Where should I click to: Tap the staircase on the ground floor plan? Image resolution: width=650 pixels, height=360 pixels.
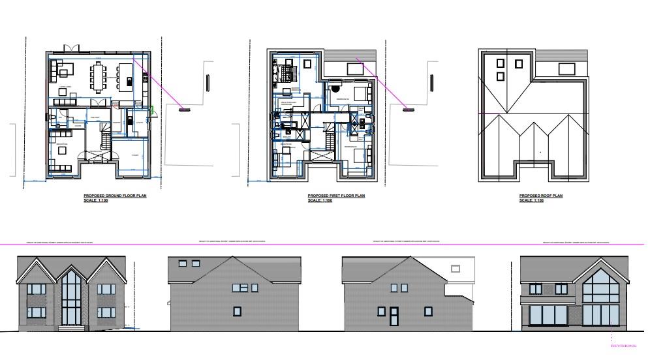click(104, 138)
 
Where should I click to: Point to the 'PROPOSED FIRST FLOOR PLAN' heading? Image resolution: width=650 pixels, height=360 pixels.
click(336, 196)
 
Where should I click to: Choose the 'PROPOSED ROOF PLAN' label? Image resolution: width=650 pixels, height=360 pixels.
click(540, 196)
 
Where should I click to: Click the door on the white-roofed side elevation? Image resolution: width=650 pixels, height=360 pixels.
click(394, 316)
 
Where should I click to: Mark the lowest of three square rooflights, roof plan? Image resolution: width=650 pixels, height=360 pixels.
click(501, 76)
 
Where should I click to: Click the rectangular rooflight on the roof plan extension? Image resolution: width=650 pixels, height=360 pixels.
click(566, 68)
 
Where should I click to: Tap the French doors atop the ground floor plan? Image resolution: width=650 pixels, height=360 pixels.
click(72, 48)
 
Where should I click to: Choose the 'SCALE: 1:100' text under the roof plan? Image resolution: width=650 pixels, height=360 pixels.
click(532, 201)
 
